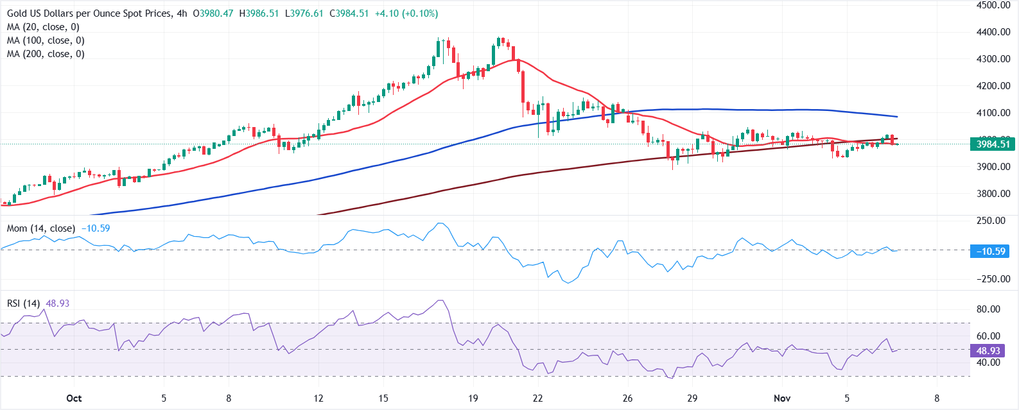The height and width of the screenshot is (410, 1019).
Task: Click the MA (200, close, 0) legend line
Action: tap(45, 54)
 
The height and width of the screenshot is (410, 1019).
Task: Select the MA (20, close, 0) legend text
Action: tap(42, 27)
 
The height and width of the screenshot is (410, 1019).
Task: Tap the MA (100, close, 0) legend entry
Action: tap(45, 40)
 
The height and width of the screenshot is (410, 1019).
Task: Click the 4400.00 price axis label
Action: tap(993, 32)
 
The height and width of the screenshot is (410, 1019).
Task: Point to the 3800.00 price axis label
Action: tap(993, 194)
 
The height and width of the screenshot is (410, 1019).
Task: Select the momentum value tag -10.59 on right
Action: tap(990, 252)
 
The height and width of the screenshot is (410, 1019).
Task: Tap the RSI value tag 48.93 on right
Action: tap(988, 351)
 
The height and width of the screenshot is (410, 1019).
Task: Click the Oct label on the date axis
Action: tap(74, 398)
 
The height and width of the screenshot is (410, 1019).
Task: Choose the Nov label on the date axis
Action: tap(781, 398)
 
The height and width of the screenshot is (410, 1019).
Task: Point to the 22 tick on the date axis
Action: tap(537, 398)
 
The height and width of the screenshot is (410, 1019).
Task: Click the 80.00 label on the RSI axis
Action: tap(988, 309)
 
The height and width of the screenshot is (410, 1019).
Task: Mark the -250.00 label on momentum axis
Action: tap(992, 279)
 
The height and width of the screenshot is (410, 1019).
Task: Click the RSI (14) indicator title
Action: tap(23, 303)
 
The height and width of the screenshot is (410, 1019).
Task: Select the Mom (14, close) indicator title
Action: tap(40, 228)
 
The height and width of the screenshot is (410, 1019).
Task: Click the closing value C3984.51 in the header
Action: tap(349, 13)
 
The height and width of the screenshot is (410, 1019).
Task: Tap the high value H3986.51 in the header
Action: tap(259, 13)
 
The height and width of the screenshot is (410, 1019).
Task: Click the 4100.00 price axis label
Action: tap(993, 113)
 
